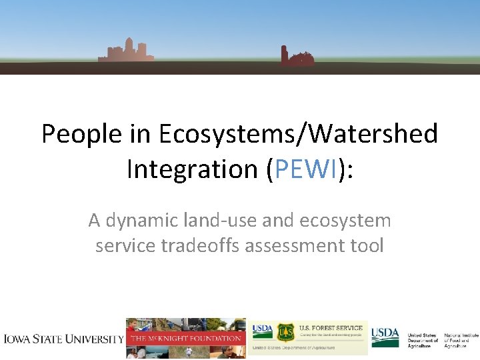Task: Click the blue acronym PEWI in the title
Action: (305, 169)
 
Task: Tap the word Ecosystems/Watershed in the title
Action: (299, 134)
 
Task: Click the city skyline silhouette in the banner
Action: (126, 51)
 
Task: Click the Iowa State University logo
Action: (63, 338)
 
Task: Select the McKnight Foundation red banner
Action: (186, 338)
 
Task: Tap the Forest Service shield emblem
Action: (285, 332)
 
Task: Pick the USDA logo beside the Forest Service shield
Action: (262, 331)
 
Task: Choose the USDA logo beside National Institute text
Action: (385, 336)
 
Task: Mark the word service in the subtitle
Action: (125, 245)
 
